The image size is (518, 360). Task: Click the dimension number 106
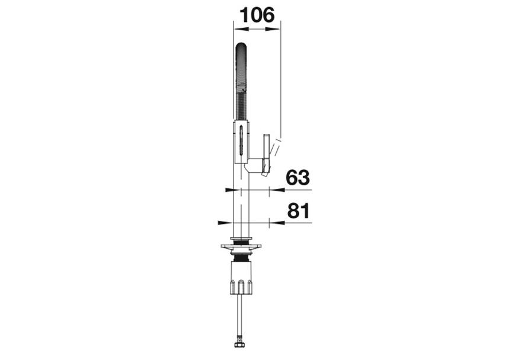[257, 15]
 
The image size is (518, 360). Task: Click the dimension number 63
[298, 178]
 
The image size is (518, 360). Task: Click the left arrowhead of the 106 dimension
[241, 30]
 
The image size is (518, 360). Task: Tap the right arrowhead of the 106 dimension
[273, 30]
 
